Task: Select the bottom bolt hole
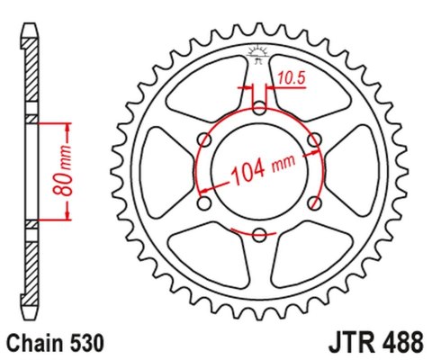(x=259, y=236)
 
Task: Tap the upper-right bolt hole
(x=314, y=140)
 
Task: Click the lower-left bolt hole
(x=204, y=204)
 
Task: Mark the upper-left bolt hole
(x=204, y=140)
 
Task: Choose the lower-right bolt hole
(x=314, y=204)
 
